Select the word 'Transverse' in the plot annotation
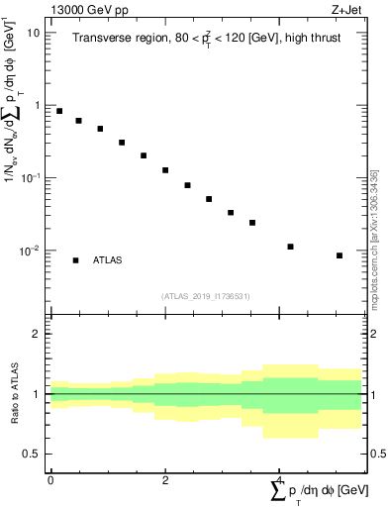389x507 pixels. tap(99, 39)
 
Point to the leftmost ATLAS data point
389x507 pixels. tap(59, 111)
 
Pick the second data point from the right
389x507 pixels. tap(290, 247)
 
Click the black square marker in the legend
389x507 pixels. tap(75, 260)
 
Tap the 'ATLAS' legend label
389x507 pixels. tap(107, 260)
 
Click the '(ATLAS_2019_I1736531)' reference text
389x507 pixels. tap(206, 295)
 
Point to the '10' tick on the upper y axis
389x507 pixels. tap(33, 33)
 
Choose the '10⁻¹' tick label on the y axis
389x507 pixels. tap(30, 177)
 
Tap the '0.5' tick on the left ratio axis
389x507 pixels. tap(34, 454)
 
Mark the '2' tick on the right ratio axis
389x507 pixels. tap(374, 334)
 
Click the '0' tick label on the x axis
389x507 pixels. tap(50, 480)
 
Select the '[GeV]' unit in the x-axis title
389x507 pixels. tap(352, 492)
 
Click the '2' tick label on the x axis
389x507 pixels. tap(165, 480)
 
